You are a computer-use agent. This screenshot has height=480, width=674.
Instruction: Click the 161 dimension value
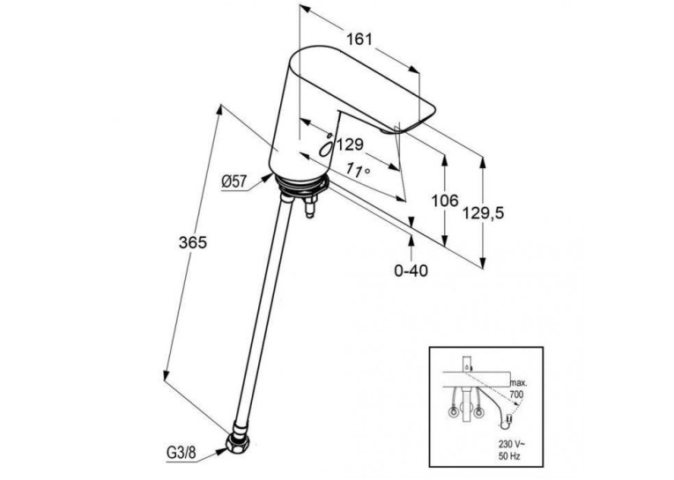point(359,40)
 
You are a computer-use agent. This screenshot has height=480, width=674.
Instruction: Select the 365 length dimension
point(193,243)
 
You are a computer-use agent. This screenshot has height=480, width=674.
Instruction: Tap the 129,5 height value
point(483,213)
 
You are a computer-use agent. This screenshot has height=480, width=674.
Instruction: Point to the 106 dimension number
point(445,200)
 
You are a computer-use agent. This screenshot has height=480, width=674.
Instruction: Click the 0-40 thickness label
point(411,270)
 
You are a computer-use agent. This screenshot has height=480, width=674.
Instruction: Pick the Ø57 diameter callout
point(234,181)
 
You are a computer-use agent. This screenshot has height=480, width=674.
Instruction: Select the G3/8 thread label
point(181,452)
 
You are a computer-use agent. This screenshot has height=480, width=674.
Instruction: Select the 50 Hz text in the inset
point(509,456)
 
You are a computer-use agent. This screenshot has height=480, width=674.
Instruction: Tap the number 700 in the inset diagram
point(516,395)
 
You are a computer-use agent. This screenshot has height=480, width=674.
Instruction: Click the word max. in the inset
point(517,382)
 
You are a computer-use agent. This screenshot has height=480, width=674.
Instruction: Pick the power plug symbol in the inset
point(507,420)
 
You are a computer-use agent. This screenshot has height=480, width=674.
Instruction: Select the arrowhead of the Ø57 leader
point(267,178)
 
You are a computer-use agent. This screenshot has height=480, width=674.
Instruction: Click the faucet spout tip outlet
point(389,129)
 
